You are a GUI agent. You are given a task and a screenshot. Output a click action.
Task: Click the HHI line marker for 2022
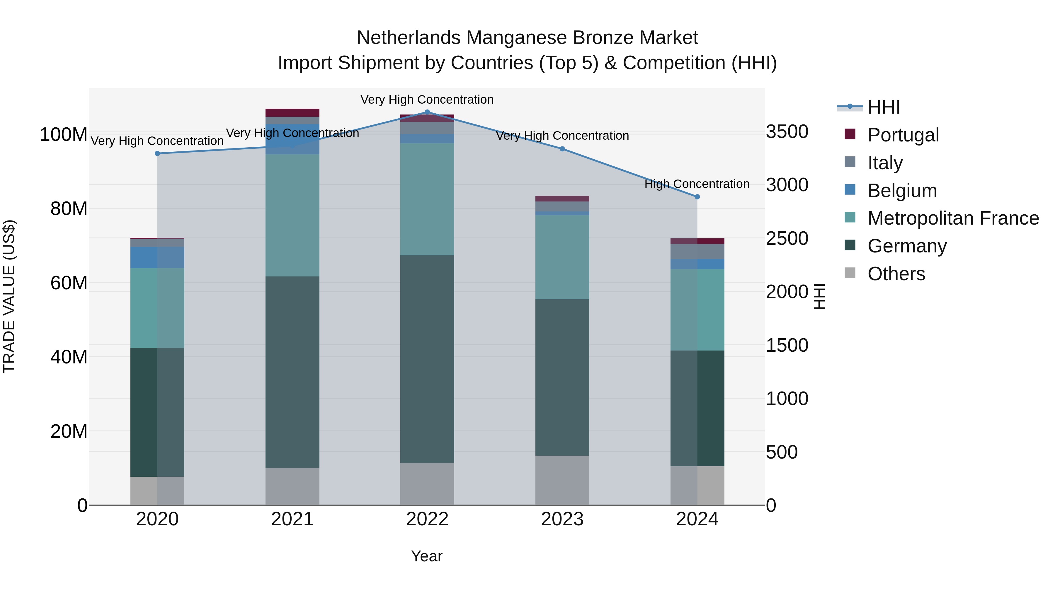pos(427,112)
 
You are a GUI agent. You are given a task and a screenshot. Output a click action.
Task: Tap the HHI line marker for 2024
pos(697,197)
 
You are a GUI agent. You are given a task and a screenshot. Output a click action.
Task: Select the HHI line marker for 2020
pos(157,153)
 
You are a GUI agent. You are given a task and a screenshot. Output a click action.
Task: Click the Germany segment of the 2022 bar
pos(427,359)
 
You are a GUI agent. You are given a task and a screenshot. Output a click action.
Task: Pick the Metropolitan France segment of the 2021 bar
pos(292,215)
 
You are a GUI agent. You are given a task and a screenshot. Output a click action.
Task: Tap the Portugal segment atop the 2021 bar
pos(292,112)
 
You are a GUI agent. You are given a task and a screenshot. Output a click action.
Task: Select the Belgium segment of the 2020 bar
pos(157,257)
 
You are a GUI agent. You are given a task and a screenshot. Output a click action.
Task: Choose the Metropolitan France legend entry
pos(953,218)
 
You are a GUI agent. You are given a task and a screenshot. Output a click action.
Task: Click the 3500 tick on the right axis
pos(787,132)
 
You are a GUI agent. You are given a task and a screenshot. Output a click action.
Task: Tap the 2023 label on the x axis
pos(562,519)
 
